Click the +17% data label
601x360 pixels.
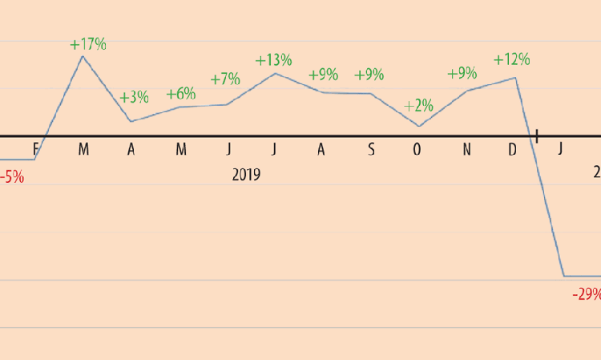point(88,44)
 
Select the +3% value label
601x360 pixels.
point(134,98)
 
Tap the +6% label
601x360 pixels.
point(180,94)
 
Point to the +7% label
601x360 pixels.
point(225,79)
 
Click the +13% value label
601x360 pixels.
point(273,60)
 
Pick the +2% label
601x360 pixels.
point(418,106)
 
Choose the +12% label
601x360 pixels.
point(511,60)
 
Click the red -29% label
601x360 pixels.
point(587,294)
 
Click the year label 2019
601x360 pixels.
point(247,174)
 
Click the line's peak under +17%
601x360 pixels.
point(83,56)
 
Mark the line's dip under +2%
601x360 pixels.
point(419,126)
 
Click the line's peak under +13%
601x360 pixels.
point(275,73)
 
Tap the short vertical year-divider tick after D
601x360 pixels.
point(537,136)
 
